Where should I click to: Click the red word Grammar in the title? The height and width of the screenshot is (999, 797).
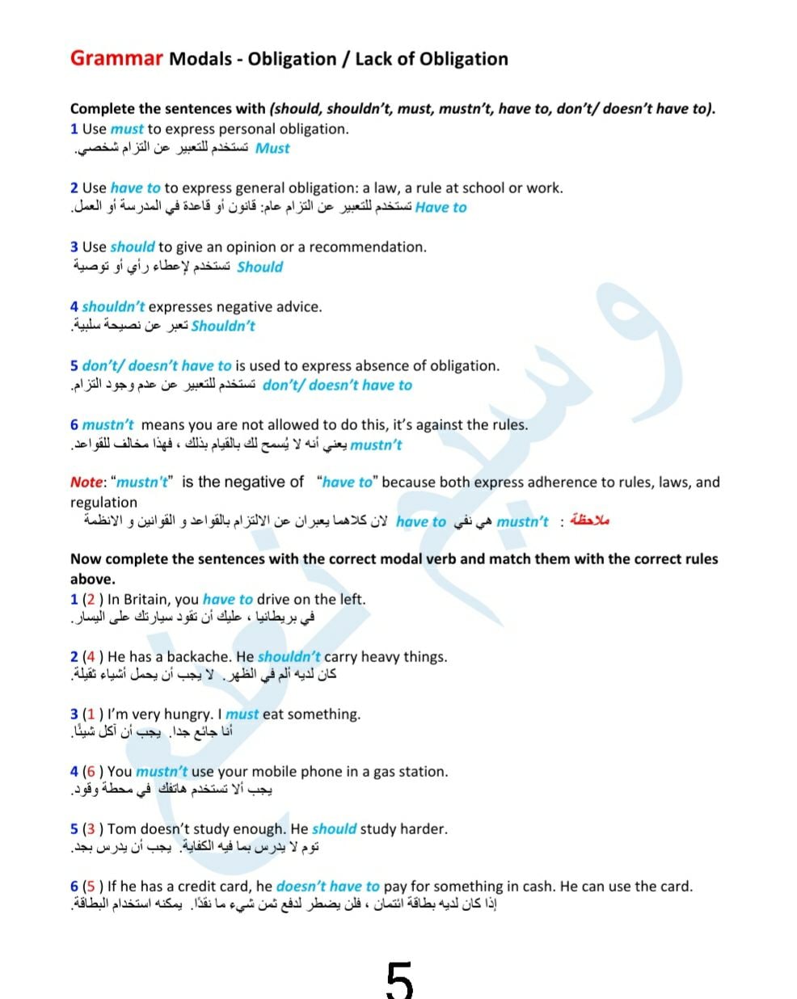pyautogui.click(x=116, y=58)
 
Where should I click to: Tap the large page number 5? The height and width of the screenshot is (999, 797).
pyautogui.click(x=399, y=980)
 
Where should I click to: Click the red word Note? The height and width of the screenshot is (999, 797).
pyautogui.click(x=86, y=483)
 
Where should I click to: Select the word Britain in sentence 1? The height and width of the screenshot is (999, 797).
pyautogui.click(x=147, y=600)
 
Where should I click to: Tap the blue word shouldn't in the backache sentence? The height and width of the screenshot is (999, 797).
pyautogui.click(x=289, y=657)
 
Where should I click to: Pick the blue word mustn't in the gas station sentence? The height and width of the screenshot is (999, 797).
pyautogui.click(x=162, y=772)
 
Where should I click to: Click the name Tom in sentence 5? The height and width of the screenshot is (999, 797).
pyautogui.click(x=121, y=829)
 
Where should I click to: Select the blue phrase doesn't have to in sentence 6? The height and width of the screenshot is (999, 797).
pyautogui.click(x=327, y=887)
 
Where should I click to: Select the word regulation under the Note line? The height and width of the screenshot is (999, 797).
pyautogui.click(x=103, y=502)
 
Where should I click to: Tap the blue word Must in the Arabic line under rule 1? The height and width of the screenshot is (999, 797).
pyautogui.click(x=272, y=149)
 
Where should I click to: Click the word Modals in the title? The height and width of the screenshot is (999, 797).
pyautogui.click(x=200, y=59)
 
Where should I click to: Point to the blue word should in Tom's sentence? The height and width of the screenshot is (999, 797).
pyautogui.click(x=334, y=829)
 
